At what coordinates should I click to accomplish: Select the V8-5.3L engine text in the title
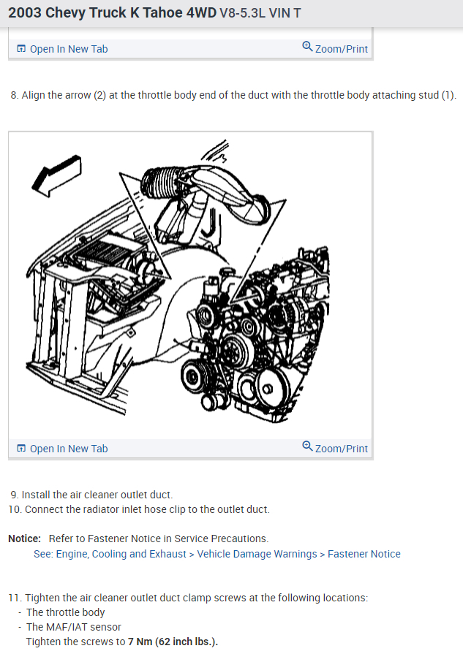247,15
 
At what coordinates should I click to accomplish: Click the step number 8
14,96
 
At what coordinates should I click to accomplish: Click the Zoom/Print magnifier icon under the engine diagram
307,446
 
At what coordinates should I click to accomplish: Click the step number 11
15,598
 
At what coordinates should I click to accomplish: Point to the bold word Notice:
24,539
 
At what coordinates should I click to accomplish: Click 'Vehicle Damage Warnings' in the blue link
257,554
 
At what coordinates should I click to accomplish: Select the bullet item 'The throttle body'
65,612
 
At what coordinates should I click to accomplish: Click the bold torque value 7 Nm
140,642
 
